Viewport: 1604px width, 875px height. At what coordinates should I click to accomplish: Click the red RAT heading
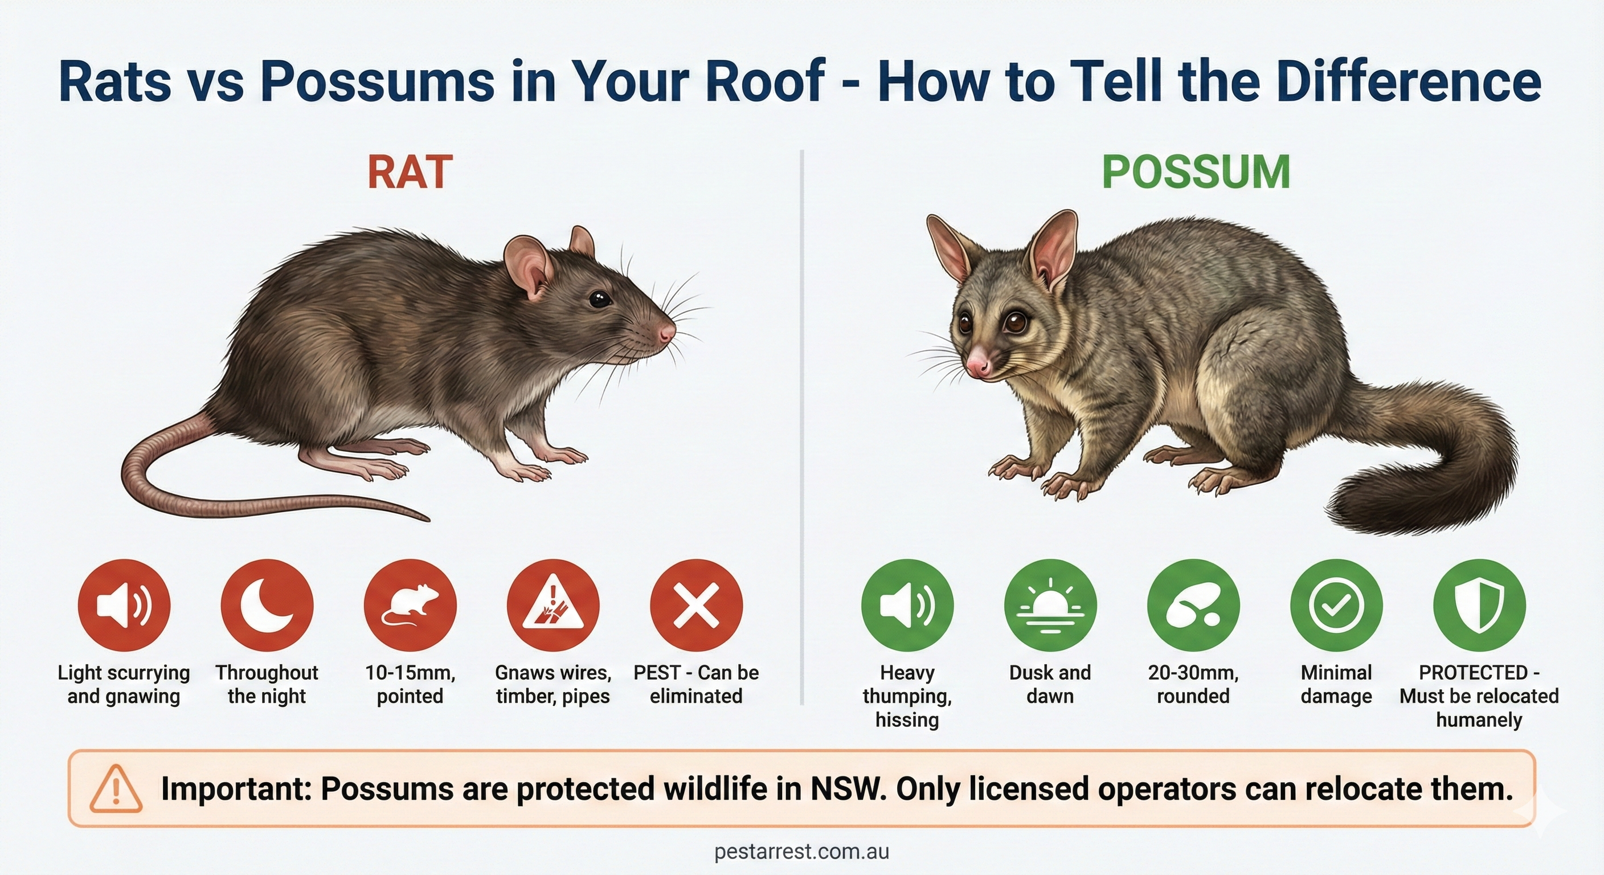(x=410, y=172)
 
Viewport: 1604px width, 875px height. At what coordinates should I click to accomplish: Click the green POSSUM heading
(x=1196, y=172)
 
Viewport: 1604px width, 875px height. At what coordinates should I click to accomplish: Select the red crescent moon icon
(x=267, y=605)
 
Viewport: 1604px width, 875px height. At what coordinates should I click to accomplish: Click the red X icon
(x=696, y=605)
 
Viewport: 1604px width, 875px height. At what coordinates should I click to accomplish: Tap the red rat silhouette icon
(x=410, y=605)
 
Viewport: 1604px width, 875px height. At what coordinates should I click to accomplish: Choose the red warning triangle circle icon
(x=553, y=605)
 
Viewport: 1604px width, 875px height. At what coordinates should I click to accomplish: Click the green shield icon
(x=1479, y=605)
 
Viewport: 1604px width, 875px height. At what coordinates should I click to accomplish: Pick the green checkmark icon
(x=1336, y=605)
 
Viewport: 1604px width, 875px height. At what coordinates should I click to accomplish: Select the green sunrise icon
(x=1050, y=605)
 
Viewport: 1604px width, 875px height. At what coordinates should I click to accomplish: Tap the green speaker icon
(x=907, y=605)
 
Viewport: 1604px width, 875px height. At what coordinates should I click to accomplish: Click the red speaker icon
(x=124, y=605)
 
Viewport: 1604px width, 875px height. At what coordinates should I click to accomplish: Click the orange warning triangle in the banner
(x=116, y=789)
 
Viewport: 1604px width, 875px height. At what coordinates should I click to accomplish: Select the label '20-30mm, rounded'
(x=1193, y=684)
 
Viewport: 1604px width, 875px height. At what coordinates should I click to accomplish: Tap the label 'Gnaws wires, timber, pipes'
(x=553, y=684)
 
